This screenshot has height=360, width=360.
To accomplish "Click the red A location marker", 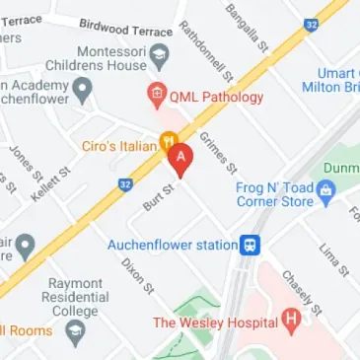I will pos(180,160).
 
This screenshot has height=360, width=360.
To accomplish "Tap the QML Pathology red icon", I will pos(155,97).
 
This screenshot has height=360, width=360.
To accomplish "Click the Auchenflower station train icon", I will pos(252,244).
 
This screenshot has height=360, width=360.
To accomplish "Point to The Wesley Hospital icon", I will pos(291,321).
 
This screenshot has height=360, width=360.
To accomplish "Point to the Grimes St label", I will pos(214,150).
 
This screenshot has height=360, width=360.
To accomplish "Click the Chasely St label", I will pos(299,290).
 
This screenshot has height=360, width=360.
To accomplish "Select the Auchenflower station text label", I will pos(183,244).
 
